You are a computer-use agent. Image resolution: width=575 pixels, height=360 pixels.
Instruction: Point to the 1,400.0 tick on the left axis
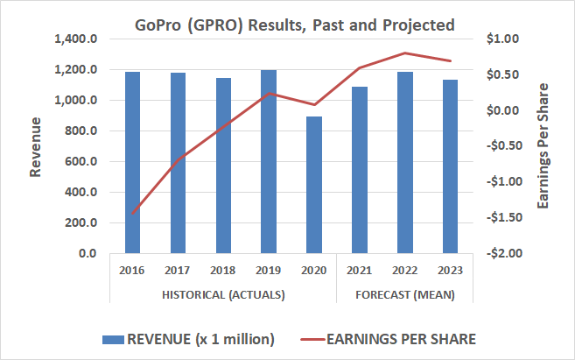(75, 39)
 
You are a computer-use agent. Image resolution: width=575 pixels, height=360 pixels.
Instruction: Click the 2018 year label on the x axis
(223, 271)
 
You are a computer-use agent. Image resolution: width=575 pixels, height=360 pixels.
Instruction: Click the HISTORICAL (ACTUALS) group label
(223, 294)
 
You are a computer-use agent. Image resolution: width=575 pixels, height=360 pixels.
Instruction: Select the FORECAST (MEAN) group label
(405, 294)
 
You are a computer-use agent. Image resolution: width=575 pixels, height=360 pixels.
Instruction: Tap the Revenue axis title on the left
(35, 146)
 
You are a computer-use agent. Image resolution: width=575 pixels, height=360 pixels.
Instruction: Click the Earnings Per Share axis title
(543, 146)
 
